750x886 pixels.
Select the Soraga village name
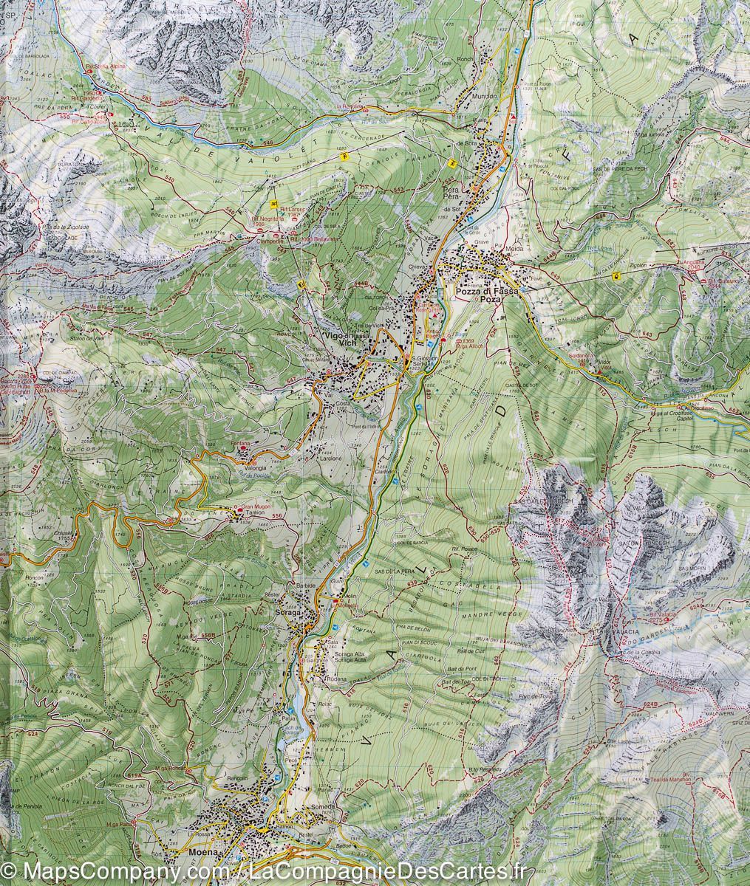[x=287, y=614]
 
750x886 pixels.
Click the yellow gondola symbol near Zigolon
[x=615, y=275]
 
